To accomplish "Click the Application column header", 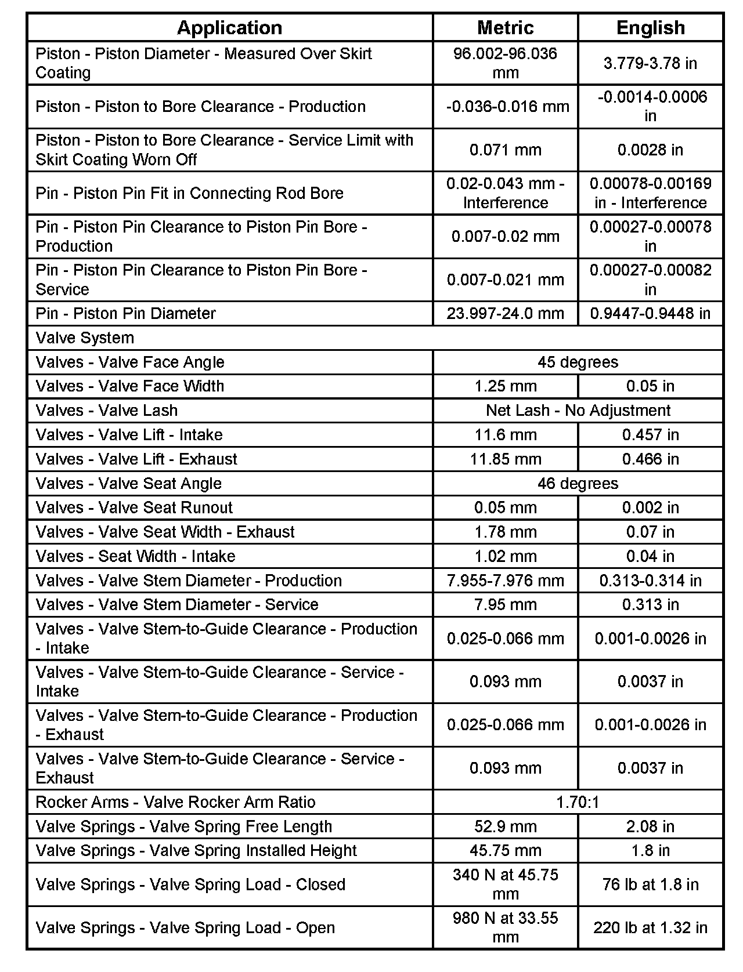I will pyautogui.click(x=229, y=27).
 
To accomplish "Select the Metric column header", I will pyautogui.click(x=505, y=27).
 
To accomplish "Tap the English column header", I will pyautogui.click(x=650, y=27).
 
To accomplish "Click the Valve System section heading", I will pyautogui.click(x=85, y=338).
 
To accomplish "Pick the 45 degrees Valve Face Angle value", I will pyautogui.click(x=578, y=362).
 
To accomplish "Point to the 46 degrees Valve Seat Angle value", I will pyautogui.click(x=578, y=483).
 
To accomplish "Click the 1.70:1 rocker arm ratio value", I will pyautogui.click(x=578, y=802).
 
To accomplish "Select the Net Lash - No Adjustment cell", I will pyautogui.click(x=578, y=410).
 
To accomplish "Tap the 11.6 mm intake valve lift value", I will pyautogui.click(x=505, y=434).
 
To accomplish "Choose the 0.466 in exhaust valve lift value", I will pyautogui.click(x=650, y=459).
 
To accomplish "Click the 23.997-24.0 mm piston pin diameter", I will pyautogui.click(x=505, y=313).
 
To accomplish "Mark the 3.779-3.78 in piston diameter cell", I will pyautogui.click(x=650, y=63).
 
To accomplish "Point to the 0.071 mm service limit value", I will pyautogui.click(x=505, y=150).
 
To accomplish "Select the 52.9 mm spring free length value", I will pyautogui.click(x=505, y=826).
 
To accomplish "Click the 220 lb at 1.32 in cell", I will pyautogui.click(x=650, y=927).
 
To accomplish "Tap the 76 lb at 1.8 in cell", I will pyautogui.click(x=650, y=884).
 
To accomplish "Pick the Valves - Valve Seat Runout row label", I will pyautogui.click(x=134, y=507).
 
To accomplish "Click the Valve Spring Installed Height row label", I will pyautogui.click(x=196, y=850).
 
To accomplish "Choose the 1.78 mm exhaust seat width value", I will pyautogui.click(x=505, y=532).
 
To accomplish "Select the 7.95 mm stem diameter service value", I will pyautogui.click(x=505, y=604).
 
